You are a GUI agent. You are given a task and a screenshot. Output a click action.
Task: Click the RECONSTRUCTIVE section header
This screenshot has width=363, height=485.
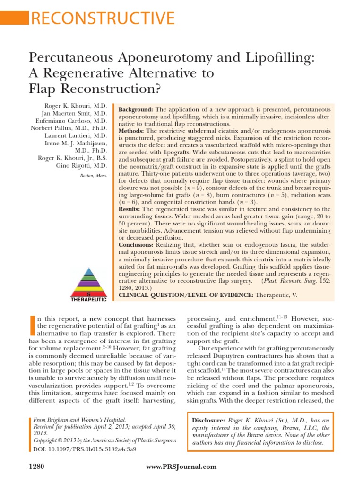point(102,18)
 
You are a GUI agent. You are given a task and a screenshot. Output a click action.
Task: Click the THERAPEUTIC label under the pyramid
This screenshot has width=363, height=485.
point(88,300)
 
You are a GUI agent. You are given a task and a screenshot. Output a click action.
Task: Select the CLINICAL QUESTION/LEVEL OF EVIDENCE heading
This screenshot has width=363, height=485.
point(186,295)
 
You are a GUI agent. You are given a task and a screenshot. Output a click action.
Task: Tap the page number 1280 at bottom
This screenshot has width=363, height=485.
point(37,467)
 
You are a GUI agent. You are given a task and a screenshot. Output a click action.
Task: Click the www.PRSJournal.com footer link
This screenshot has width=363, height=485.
point(181,467)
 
